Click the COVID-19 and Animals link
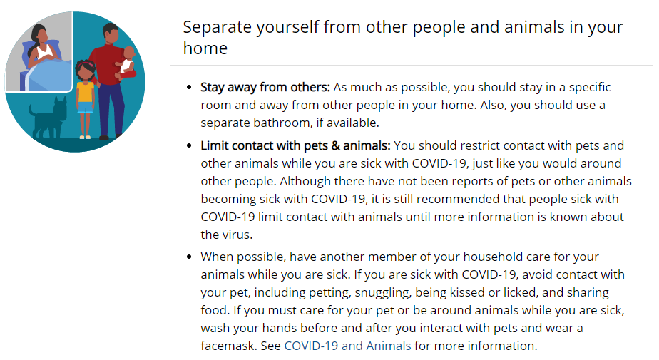tap(347, 346)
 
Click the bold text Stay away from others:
tap(265, 87)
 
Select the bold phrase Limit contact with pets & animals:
tap(295, 145)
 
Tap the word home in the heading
tap(205, 48)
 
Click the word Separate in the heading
tap(218, 28)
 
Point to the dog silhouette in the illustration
tap(48, 118)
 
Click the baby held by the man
tap(126, 63)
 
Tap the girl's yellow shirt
tap(86, 92)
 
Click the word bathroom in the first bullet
tap(285, 123)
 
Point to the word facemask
tap(229, 346)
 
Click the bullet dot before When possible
tap(189, 257)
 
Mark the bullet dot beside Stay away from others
tap(189, 88)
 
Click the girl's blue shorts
tap(85, 108)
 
